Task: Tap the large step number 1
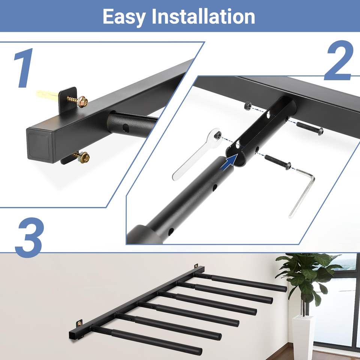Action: coord(23,68)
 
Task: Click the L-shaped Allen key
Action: coord(301,193)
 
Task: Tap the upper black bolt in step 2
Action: coord(310,128)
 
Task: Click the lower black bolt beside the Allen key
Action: coord(278,161)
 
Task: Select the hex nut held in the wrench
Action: coord(217,135)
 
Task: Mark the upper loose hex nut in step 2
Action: coord(247,106)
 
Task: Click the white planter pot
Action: coord(302,337)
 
